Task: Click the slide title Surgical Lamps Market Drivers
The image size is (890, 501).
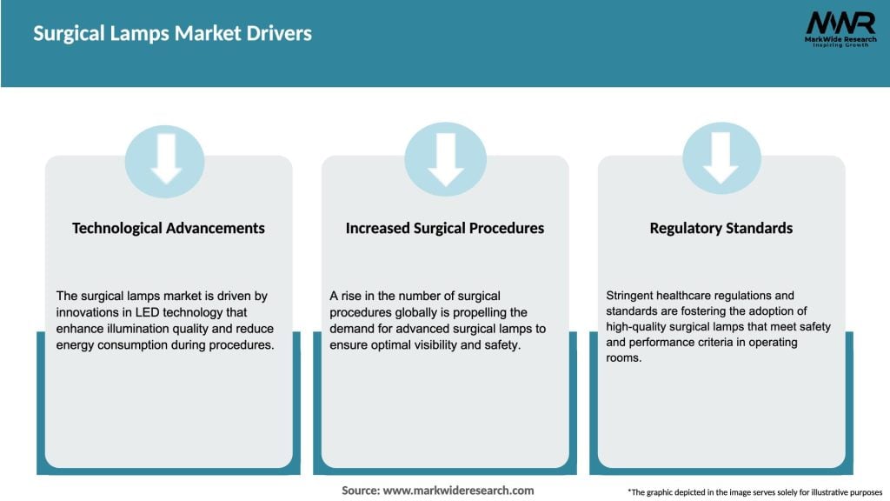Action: (x=172, y=34)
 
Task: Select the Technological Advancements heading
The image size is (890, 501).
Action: (x=169, y=228)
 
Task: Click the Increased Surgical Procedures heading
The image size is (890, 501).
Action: (x=445, y=228)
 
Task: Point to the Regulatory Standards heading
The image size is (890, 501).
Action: (x=721, y=228)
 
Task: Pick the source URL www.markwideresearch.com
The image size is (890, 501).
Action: (x=458, y=491)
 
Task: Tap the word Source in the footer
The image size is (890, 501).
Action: (x=360, y=491)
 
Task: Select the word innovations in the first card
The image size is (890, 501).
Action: (x=90, y=312)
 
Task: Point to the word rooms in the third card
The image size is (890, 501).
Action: (x=623, y=359)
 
